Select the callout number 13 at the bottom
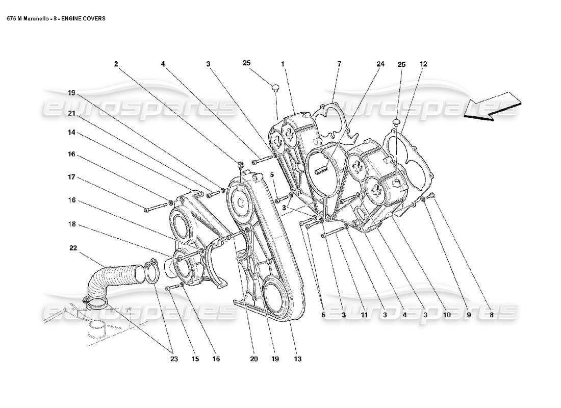click(x=297, y=359)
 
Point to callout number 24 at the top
click(x=380, y=64)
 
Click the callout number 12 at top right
click(x=424, y=64)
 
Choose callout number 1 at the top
click(x=282, y=64)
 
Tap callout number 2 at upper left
click(x=116, y=64)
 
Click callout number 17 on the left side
click(x=72, y=177)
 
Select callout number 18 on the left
click(x=72, y=223)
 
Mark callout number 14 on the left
click(x=72, y=132)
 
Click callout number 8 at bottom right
click(x=491, y=315)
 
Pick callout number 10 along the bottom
click(x=447, y=315)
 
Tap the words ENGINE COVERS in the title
click(x=87, y=18)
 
